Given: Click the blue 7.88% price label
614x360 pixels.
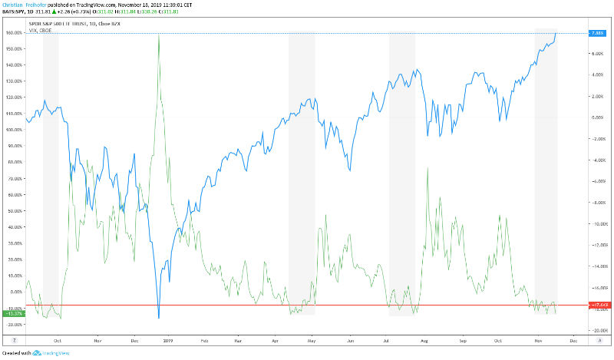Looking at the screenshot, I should click(597, 33).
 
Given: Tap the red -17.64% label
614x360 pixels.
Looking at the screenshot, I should click(597, 306).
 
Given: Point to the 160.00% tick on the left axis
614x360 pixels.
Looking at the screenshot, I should click(14, 33).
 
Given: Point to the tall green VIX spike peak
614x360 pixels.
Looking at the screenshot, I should click(158, 34).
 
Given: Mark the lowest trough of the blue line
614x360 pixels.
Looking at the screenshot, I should click(158, 317).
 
